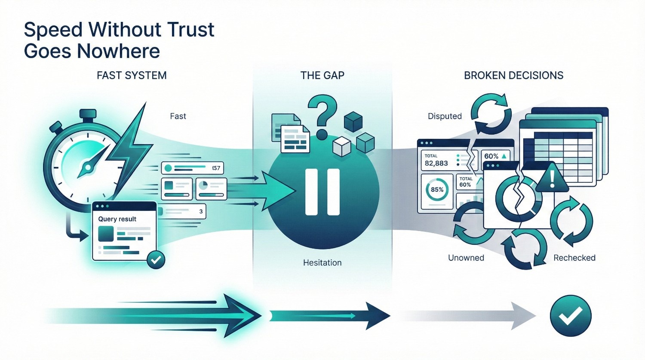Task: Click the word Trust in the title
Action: [190, 30]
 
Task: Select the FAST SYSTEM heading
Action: [132, 76]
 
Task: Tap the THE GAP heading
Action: [322, 76]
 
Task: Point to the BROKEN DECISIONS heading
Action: [513, 76]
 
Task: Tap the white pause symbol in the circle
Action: [322, 192]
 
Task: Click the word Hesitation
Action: [322, 263]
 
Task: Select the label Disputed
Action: [445, 116]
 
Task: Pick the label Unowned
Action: [466, 258]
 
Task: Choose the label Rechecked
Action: [574, 258]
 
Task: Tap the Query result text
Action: [117, 219]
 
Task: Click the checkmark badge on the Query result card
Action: [156, 259]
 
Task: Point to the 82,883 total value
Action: [436, 163]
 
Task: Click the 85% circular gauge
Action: [437, 190]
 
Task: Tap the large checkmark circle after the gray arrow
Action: [571, 316]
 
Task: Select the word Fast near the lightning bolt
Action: [178, 116]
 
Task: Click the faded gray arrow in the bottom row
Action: [473, 317]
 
